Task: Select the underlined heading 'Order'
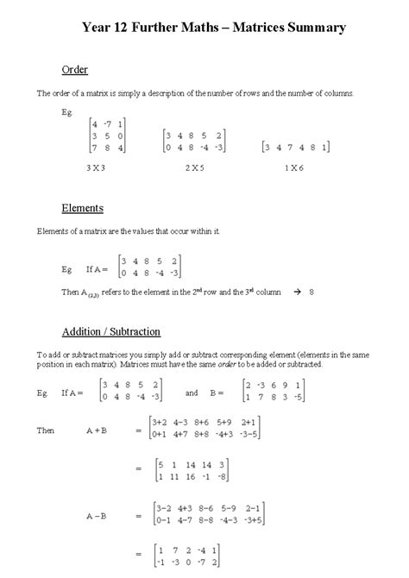pos(75,69)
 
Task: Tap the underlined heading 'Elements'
pos(82,208)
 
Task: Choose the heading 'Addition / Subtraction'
pos(110,331)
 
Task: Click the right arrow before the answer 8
pos(293,292)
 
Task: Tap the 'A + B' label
pos(97,429)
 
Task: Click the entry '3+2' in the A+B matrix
pos(159,422)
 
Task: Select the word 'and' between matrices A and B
pos(192,392)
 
